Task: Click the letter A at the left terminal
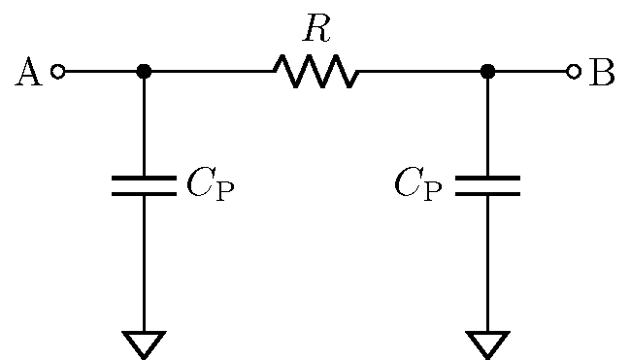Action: [29, 73]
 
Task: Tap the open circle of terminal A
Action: [58, 72]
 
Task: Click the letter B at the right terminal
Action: [602, 73]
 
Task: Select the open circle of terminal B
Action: [574, 72]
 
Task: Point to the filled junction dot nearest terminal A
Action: [144, 72]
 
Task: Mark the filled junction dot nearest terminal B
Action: [488, 72]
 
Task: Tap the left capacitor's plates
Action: [144, 185]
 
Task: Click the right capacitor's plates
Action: [488, 185]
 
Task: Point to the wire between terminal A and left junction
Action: [101, 72]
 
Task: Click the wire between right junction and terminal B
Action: [532, 72]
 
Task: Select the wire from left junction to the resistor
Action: [209, 72]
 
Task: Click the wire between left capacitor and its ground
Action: [144, 262]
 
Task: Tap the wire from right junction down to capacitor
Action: [488, 126]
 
